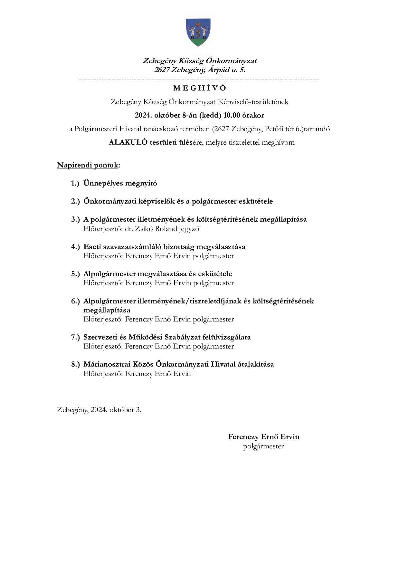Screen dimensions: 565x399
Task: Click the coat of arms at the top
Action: [x=199, y=33]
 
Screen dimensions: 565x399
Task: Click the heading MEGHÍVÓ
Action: [x=200, y=88]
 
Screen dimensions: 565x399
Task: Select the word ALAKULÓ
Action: [x=128, y=142]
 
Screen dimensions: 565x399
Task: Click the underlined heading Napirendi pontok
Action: [x=88, y=165]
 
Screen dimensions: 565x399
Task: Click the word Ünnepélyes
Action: [x=103, y=183]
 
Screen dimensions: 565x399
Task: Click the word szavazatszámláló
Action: [x=134, y=247]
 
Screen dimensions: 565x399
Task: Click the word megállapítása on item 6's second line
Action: [x=107, y=310]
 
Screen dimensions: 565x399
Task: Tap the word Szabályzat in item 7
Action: [x=183, y=337]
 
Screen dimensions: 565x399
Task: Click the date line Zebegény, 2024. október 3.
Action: [x=99, y=410]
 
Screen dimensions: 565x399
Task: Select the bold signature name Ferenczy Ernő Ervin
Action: [x=263, y=437]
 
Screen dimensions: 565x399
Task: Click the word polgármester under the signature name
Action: [x=263, y=446]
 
